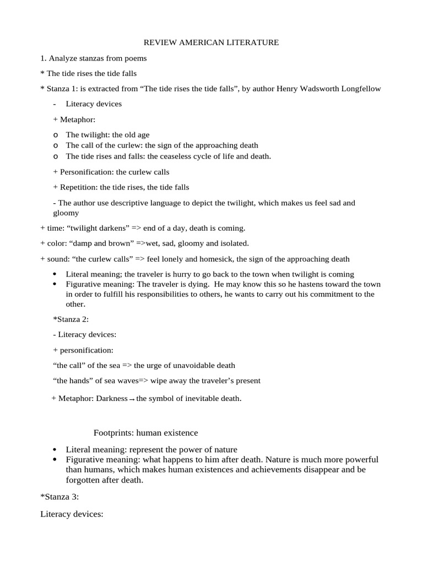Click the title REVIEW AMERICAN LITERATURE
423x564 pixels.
pos(211,42)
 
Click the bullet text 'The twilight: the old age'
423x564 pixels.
pos(107,134)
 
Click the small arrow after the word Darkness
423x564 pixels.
pos(132,399)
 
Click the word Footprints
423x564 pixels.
pos(114,433)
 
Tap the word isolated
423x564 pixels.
pos(234,243)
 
